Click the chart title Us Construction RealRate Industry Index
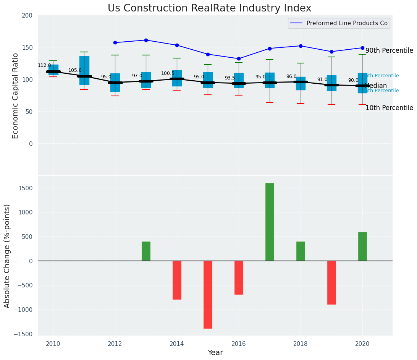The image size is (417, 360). (209, 8)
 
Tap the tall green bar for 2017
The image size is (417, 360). (270, 222)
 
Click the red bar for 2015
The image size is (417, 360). (208, 294)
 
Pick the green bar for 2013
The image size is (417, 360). (146, 251)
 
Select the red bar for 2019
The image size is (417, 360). (331, 282)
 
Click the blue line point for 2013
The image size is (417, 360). (146, 40)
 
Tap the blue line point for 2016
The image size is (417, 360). (239, 59)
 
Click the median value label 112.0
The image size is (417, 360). (44, 65)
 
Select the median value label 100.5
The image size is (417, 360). (168, 73)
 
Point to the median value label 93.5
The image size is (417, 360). (230, 78)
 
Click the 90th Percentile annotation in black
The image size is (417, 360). (389, 50)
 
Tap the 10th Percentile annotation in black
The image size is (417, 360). (389, 108)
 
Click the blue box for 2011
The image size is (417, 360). (84, 70)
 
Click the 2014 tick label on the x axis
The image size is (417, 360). (177, 344)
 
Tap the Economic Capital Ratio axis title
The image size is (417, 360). (16, 96)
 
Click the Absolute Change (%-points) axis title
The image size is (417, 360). (7, 256)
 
